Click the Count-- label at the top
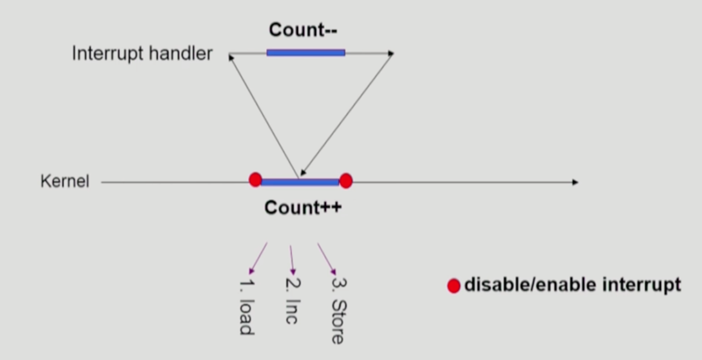303,30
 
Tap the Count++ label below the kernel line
303,208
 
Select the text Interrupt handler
142,54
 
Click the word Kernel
65,181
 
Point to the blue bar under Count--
305,53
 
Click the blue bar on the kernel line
300,182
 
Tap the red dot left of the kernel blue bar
255,179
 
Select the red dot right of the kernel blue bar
345,181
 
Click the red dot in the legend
453,286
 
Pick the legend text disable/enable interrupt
572,284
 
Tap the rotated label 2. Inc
291,300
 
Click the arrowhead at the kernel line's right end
575,182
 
